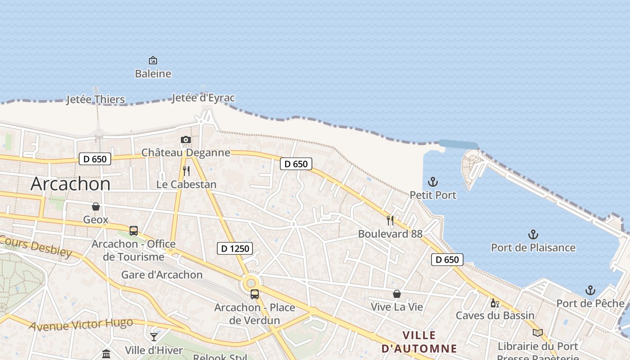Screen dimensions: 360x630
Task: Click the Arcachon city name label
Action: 71,184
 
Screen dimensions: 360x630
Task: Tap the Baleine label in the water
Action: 153,73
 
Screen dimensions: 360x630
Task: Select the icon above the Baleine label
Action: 153,60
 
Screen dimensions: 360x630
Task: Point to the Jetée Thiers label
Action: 95,99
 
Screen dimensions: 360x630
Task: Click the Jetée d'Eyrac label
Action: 203,98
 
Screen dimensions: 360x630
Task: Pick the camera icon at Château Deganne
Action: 185,140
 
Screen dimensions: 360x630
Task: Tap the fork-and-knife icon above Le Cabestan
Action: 186,171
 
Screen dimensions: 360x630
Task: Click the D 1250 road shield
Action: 235,248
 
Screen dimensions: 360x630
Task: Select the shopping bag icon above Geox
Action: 96,207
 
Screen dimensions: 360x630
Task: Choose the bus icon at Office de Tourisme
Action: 134,231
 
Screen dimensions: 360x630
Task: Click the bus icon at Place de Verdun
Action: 255,294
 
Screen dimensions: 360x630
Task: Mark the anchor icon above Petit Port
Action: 432,182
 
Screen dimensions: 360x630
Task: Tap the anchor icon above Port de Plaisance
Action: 533,234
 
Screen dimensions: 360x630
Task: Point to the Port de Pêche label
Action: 590,303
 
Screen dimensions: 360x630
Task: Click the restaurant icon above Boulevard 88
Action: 390,220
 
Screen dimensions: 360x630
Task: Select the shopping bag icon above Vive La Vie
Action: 397,294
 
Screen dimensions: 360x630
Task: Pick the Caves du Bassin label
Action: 495,315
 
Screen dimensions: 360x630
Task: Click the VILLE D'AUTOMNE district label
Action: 419,342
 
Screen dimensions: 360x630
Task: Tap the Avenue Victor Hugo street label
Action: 81,324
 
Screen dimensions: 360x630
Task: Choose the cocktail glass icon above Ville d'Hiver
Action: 154,337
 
